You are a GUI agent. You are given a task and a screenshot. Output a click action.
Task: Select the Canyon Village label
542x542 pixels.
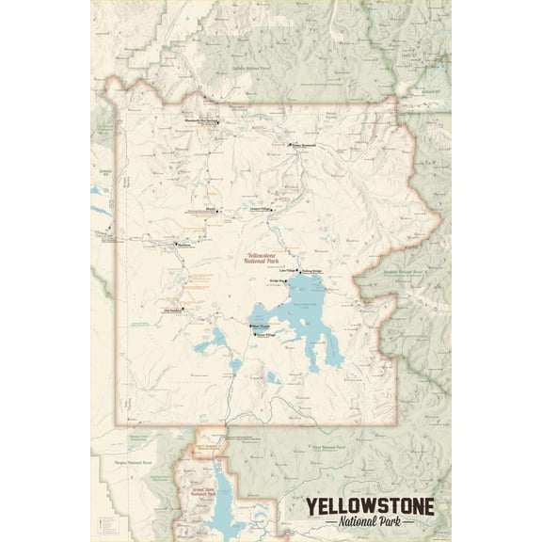pos(260,208)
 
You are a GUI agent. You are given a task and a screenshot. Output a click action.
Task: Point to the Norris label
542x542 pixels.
pos(212,210)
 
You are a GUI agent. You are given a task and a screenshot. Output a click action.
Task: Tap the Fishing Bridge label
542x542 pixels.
pos(312,269)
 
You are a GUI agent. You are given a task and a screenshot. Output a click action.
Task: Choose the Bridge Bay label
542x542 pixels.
pos(277,281)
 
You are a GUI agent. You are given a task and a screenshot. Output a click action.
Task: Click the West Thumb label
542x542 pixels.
pos(261,326)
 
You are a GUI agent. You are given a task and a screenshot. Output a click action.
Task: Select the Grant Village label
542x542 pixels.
pos(266,334)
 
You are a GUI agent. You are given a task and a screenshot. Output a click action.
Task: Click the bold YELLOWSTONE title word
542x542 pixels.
pos(368,506)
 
